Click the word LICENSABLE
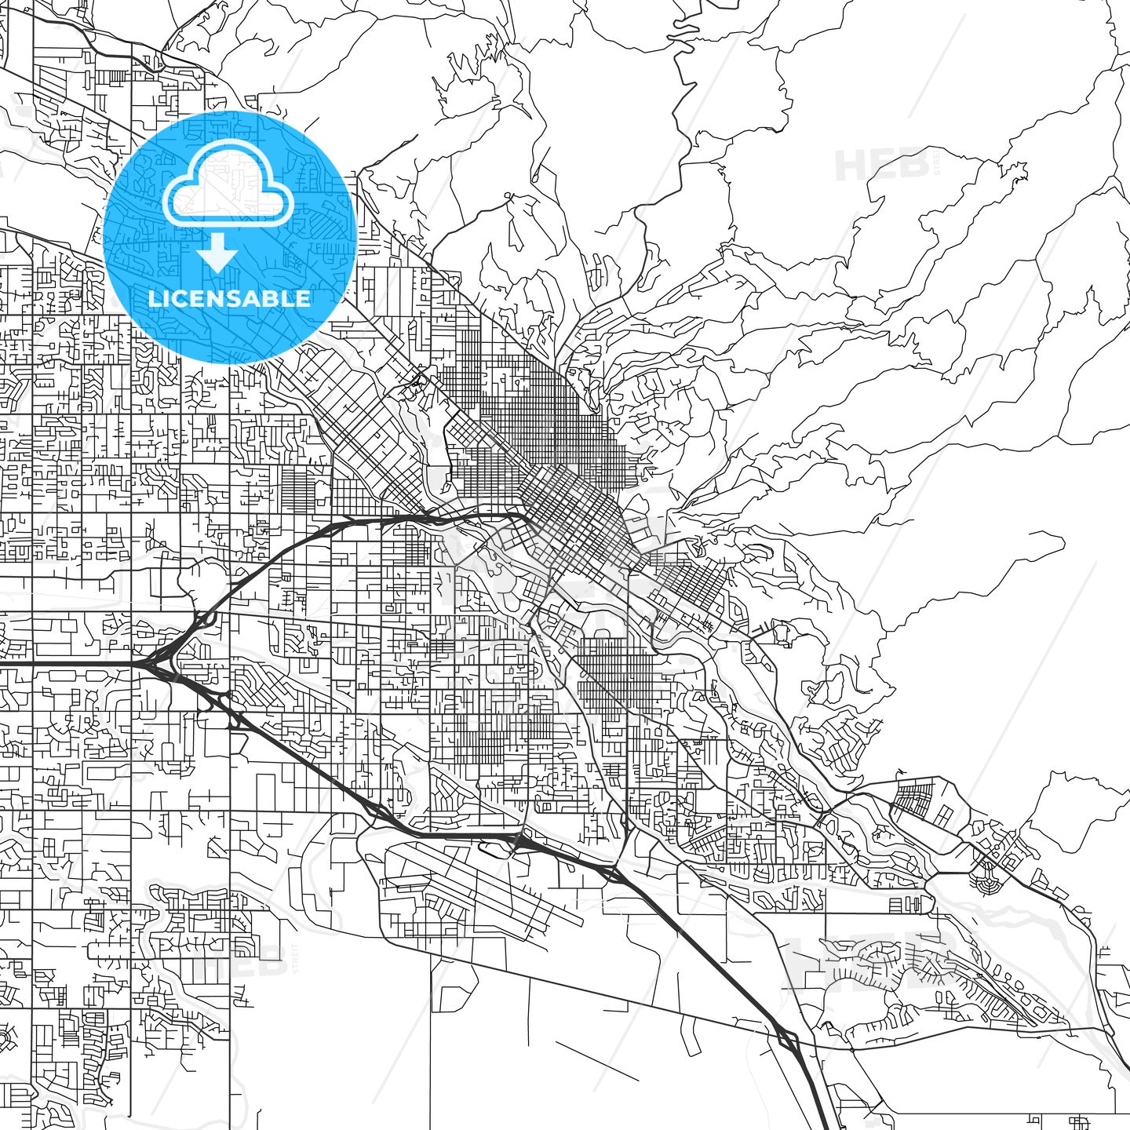coord(229,298)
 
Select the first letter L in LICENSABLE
coord(154,298)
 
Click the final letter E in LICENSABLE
coord(304,298)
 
